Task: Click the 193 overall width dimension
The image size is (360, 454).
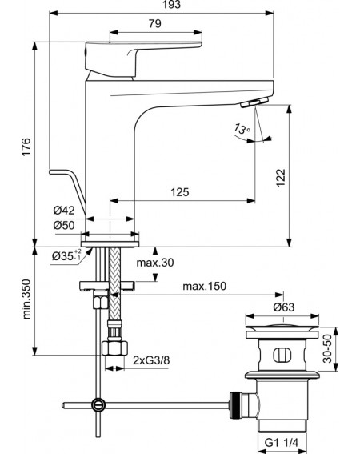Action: (172, 4)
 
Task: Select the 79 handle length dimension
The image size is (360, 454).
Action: (155, 23)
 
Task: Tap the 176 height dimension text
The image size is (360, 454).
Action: (26, 147)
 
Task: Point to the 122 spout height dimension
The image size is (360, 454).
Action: (281, 178)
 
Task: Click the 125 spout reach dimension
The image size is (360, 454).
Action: (180, 191)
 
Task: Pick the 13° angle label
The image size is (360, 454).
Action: (242, 128)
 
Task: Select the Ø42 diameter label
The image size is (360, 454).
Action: (64, 211)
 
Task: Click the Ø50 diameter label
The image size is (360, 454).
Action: (64, 225)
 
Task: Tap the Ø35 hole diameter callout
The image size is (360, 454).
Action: (66, 255)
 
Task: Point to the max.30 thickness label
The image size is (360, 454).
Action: (155, 263)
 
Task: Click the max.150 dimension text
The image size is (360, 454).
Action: (204, 286)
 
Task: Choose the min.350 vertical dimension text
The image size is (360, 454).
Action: (26, 299)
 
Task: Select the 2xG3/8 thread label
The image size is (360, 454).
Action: (151, 360)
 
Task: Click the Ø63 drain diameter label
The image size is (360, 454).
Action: (284, 307)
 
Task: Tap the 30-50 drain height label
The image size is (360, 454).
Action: (327, 348)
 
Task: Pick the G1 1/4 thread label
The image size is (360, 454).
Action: (282, 443)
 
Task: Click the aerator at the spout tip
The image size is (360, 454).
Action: (254, 102)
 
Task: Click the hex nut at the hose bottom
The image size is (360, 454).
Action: (115, 348)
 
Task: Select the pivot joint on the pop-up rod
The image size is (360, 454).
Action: (98, 405)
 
